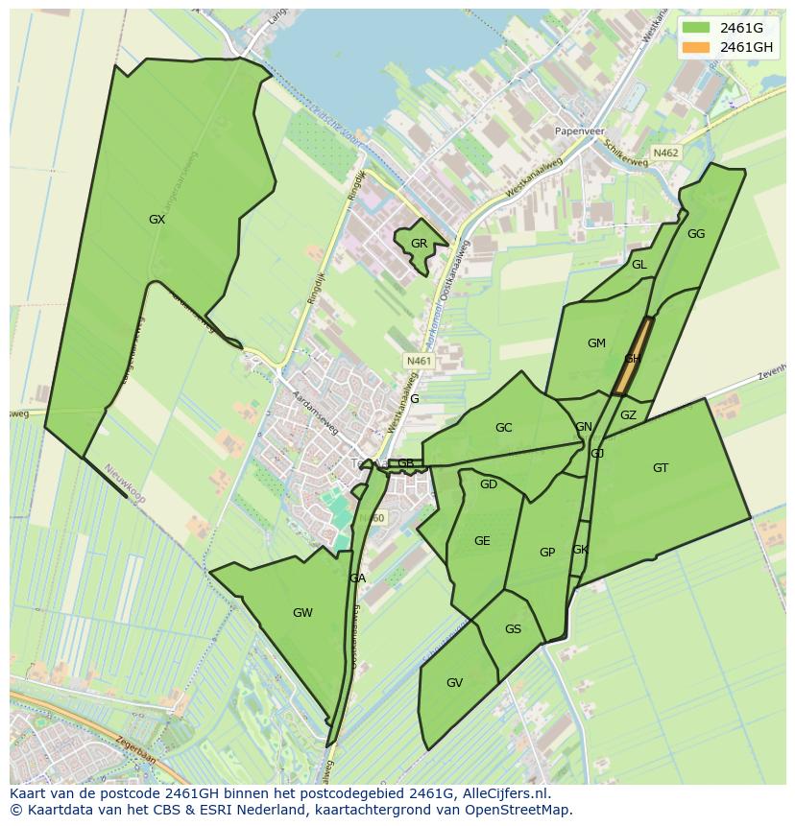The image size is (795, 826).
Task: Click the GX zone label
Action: tap(157, 220)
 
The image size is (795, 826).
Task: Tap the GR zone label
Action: tap(419, 244)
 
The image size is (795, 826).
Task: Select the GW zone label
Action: tap(302, 613)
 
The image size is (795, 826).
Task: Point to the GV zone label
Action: tap(454, 683)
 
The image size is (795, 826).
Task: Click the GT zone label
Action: tap(661, 468)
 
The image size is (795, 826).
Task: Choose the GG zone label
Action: tap(696, 234)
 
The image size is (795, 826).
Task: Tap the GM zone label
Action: tap(596, 343)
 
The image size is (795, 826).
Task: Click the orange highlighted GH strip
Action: tap(633, 357)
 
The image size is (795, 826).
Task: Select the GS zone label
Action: tap(513, 629)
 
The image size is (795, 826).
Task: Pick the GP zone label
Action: tap(547, 553)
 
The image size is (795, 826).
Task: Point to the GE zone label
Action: tap(482, 541)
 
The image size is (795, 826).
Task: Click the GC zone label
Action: tap(503, 428)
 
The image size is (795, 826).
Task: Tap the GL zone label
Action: tap(638, 265)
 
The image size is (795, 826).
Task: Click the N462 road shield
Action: tap(665, 153)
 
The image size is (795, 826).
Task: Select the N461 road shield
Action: tap(420, 361)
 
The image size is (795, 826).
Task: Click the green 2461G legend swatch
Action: tap(696, 27)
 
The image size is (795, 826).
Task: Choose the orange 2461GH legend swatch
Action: tap(696, 47)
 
